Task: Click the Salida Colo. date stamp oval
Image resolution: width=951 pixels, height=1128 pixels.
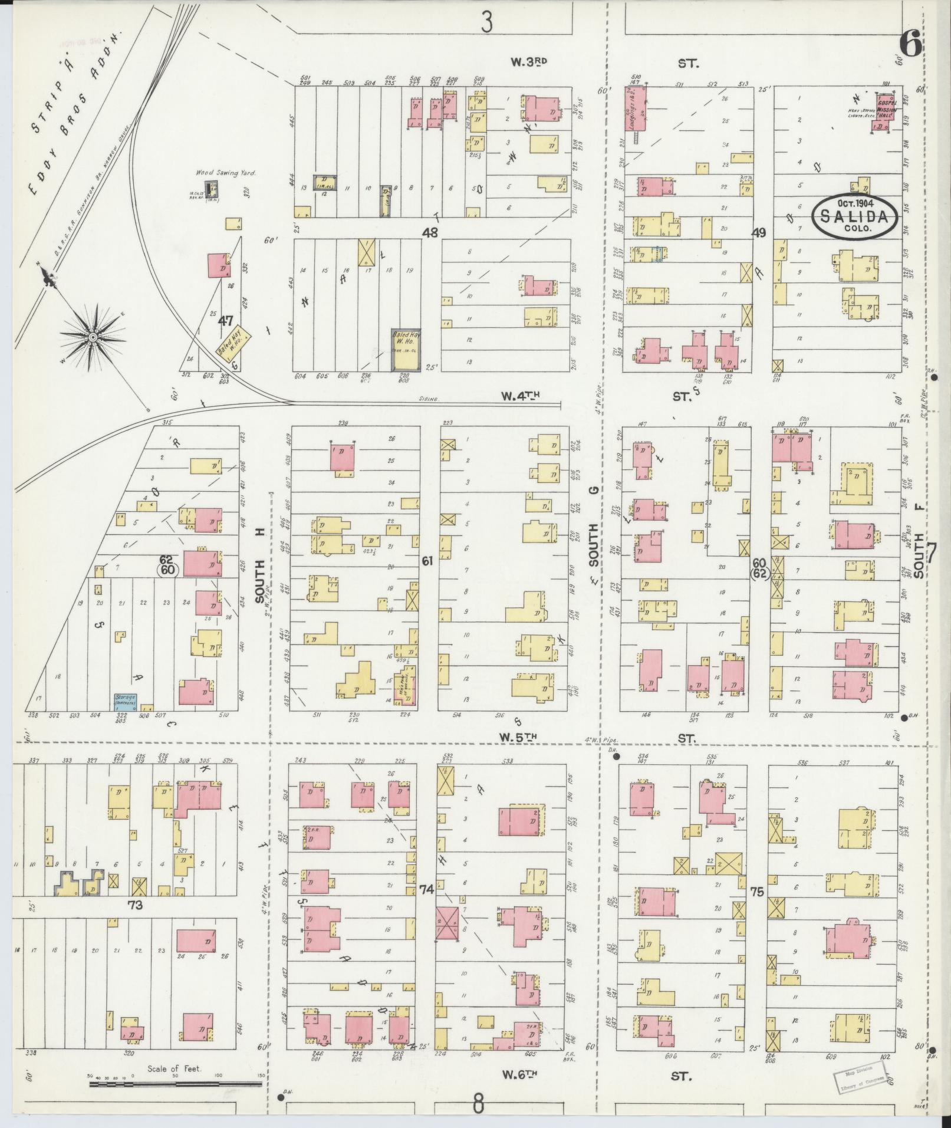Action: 855,216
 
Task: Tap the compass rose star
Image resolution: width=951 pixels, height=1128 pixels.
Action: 93,337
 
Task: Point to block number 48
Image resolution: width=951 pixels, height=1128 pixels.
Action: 430,233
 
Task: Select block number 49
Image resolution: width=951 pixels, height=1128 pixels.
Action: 758,233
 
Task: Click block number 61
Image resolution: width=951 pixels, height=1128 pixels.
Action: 427,561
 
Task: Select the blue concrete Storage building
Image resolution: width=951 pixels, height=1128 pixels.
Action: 126,701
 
